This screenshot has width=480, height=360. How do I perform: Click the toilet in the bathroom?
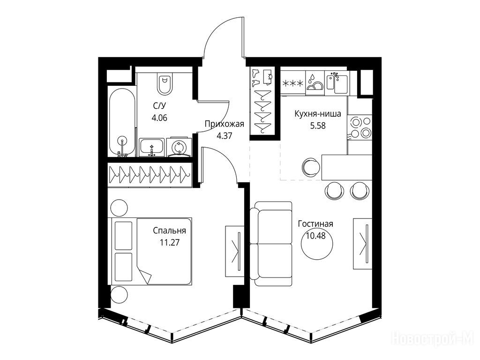(x=165, y=83)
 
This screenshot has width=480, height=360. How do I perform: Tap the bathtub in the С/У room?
(x=122, y=122)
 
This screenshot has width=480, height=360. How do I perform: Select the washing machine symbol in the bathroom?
(x=178, y=148)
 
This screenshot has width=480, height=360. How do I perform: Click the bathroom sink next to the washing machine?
(x=151, y=147)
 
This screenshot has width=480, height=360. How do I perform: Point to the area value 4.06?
(x=159, y=118)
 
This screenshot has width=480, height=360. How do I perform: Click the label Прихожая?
(x=225, y=124)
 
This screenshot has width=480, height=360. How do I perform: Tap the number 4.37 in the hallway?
(x=225, y=136)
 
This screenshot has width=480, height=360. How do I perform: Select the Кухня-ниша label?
(x=318, y=114)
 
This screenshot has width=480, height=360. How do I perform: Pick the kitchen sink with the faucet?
(x=337, y=82)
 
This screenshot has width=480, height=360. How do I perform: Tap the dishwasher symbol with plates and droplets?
(x=315, y=82)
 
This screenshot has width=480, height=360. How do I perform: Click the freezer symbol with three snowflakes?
(x=293, y=83)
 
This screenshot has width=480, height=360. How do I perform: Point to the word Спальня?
(x=170, y=231)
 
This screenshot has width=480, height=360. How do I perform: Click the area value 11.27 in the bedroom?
(x=170, y=243)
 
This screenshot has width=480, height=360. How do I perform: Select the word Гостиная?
(x=315, y=224)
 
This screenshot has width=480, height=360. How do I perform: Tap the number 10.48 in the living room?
(x=315, y=236)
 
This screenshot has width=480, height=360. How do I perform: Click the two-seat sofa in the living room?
(x=270, y=244)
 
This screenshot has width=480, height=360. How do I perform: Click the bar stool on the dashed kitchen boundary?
(x=311, y=167)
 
